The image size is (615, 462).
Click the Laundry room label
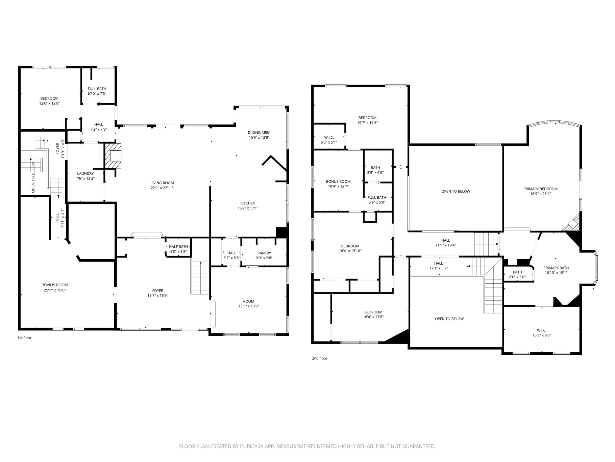pos(85,174)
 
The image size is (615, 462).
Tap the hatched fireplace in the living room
pos(113,156)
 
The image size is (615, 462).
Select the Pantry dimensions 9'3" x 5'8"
pos(264,258)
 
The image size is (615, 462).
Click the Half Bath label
pos(178,247)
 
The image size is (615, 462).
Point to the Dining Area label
pos(259,133)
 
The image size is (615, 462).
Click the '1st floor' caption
pos(24,338)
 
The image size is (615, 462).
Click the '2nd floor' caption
pos(319,358)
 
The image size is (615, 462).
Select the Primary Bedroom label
pos(540,189)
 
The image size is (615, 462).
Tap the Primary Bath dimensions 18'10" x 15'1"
pos(556,272)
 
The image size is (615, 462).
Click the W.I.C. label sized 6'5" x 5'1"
pos(329,137)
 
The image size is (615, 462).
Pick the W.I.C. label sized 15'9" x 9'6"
pos(542,330)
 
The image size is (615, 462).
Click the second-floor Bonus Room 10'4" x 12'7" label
pos(338,181)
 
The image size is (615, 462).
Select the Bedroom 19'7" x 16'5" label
pos(367,118)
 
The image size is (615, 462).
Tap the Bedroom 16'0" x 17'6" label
pos(373,312)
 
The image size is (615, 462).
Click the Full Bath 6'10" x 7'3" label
pos(97,89)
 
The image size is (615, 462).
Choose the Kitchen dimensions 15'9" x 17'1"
pos(248,208)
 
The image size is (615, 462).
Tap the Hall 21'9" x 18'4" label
pos(445,240)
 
